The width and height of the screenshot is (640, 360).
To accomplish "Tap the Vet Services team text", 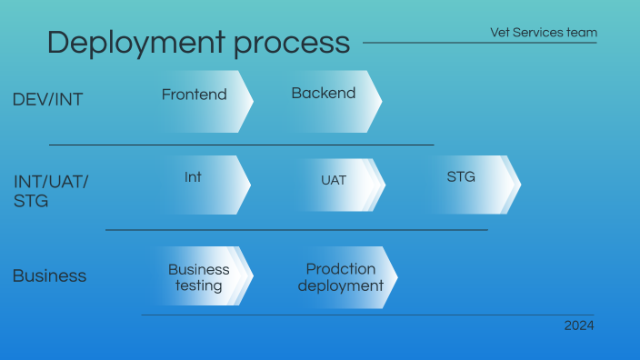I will pyautogui.click(x=544, y=33).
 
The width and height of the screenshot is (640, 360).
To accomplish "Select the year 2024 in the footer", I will pyautogui.click(x=578, y=325).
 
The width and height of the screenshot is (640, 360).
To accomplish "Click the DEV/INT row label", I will pyautogui.click(x=47, y=100).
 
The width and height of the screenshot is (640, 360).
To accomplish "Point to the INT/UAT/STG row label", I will pyautogui.click(x=51, y=191).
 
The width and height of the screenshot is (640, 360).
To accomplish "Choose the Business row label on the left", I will pyautogui.click(x=49, y=275).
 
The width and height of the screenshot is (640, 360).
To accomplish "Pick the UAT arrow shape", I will pyautogui.click(x=334, y=185).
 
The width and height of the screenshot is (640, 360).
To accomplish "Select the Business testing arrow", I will pyautogui.click(x=198, y=276).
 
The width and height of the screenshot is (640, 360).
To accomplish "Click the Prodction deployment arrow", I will pyautogui.click(x=343, y=276).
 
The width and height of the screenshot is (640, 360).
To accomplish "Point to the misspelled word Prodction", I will pyautogui.click(x=340, y=269).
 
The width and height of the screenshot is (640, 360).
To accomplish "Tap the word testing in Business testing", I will pyautogui.click(x=198, y=285).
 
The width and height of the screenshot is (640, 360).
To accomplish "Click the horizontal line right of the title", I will pyautogui.click(x=479, y=43).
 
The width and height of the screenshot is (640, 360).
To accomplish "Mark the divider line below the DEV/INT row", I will pyautogui.click(x=241, y=145).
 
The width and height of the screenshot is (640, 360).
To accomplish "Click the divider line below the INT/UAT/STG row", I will pyautogui.click(x=296, y=230).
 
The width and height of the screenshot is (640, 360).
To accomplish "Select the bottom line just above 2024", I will pyautogui.click(x=367, y=315).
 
